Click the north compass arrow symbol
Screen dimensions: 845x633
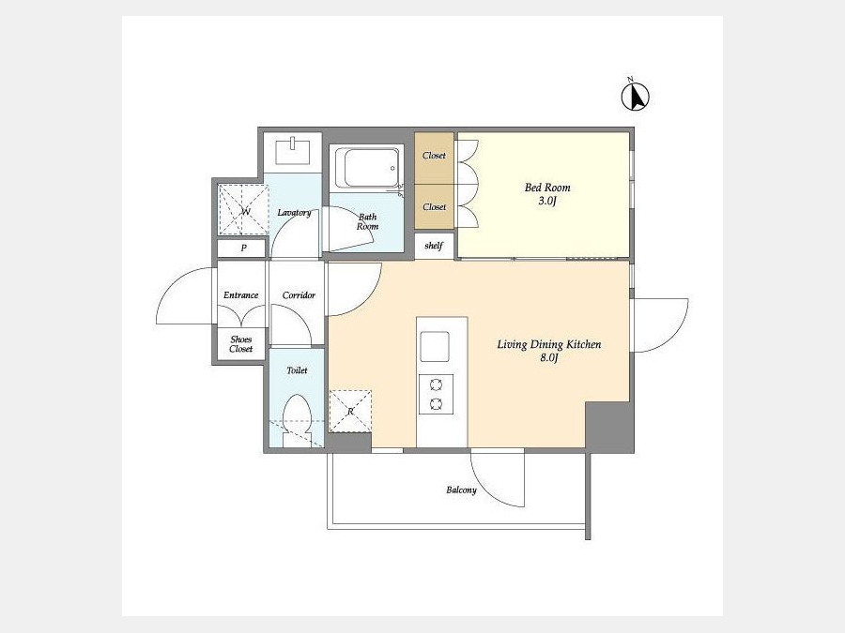pyautogui.click(x=636, y=97)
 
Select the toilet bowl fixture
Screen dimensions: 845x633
pyautogui.click(x=297, y=420)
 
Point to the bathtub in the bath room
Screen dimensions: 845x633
pyautogui.click(x=367, y=167)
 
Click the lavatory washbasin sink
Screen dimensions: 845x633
pyautogui.click(x=293, y=151)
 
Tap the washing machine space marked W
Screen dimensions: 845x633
pyautogui.click(x=243, y=210)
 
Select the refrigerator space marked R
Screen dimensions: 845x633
pyautogui.click(x=350, y=411)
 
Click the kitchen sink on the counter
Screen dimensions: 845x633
pyautogui.click(x=435, y=347)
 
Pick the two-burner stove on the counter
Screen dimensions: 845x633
pyautogui.click(x=436, y=394)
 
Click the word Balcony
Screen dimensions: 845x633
pyautogui.click(x=461, y=490)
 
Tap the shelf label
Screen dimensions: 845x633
pyautogui.click(x=434, y=246)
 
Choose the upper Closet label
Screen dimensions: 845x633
pyautogui.click(x=434, y=155)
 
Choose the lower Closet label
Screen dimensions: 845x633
pyautogui.click(x=434, y=206)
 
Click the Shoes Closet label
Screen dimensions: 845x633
pyautogui.click(x=241, y=344)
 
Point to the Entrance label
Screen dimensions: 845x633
pyautogui.click(x=241, y=295)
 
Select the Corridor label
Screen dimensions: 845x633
pyautogui.click(x=299, y=295)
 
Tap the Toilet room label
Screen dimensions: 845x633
pyautogui.click(x=297, y=370)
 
